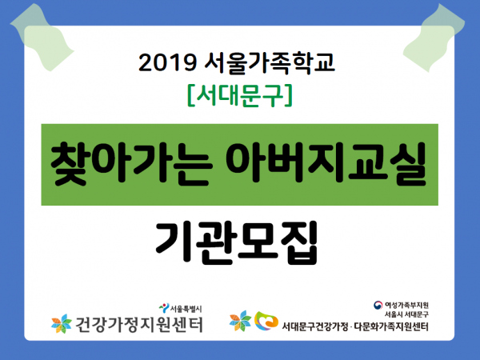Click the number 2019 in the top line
[167, 63]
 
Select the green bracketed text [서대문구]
[240, 95]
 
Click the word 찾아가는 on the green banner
[131, 163]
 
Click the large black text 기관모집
[237, 242]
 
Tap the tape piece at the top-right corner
[434, 38]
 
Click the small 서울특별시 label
[186, 309]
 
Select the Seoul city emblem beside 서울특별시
[164, 308]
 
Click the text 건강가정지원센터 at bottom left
[139, 325]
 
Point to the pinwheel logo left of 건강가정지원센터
[62, 324]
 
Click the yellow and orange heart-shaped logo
[266, 321]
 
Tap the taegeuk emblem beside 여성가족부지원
[378, 305]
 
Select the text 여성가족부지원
[406, 306]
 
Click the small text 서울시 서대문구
[406, 314]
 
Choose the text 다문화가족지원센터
[391, 327]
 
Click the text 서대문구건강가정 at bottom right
[315, 327]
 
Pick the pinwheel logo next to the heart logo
[240, 321]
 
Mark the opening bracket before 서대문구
[190, 95]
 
